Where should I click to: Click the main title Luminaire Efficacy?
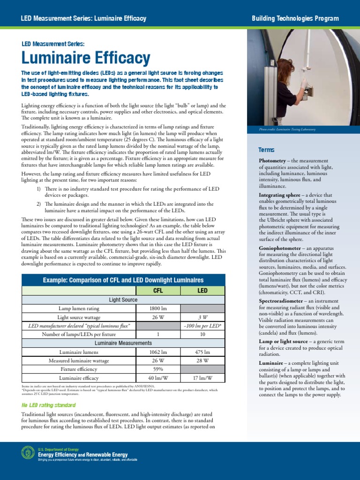[x=86, y=59]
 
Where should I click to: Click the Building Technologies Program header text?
[x=295, y=18]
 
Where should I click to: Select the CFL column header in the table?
[x=158, y=291]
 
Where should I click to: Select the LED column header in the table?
[x=202, y=291]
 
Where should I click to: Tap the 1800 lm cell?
[x=158, y=308]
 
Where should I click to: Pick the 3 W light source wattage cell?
[x=202, y=317]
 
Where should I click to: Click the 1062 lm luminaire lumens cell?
[x=158, y=352]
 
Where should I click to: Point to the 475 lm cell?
[x=202, y=352]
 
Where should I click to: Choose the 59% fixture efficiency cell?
[x=158, y=369]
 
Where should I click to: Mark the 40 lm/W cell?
[x=158, y=378]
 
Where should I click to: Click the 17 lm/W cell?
[x=202, y=378]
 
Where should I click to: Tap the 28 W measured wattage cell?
[x=202, y=360]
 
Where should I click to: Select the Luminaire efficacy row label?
[x=78, y=378]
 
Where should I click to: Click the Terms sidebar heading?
[x=266, y=150]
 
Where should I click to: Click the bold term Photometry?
[x=275, y=161]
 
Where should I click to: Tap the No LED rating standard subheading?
[x=49, y=405]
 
